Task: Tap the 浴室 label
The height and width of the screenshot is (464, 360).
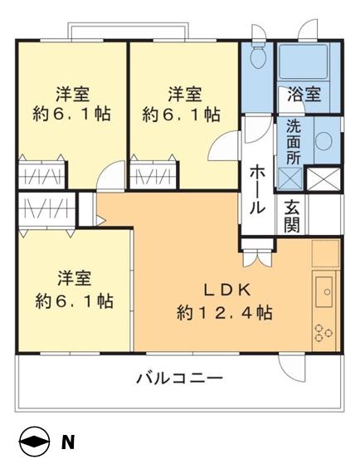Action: pos(303,95)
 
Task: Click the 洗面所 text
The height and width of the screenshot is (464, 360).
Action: pos(294,140)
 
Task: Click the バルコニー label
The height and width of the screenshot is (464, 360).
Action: pos(179,379)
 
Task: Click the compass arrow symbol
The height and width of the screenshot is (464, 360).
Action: pos(34,442)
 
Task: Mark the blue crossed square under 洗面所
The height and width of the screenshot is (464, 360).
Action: pos(290,178)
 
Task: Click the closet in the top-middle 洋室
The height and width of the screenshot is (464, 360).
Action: pos(153,176)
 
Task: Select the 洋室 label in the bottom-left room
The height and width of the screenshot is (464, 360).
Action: pos(74,276)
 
